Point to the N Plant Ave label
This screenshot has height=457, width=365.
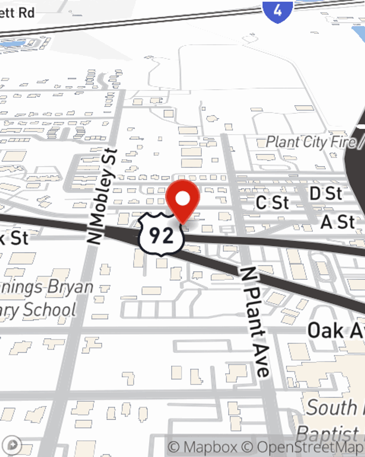[256, 322]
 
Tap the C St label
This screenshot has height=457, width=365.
[272, 203]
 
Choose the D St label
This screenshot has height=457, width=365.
[326, 194]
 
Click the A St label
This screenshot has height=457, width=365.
[338, 222]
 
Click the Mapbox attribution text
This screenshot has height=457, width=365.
[203, 447]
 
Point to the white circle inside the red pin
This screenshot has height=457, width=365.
[183, 199]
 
